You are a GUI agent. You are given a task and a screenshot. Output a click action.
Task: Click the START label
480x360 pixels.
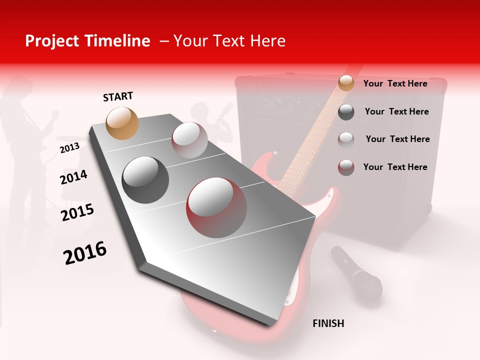118,96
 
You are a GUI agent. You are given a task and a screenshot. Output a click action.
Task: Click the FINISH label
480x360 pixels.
328,323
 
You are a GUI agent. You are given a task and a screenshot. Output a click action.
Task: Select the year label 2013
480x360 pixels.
69,148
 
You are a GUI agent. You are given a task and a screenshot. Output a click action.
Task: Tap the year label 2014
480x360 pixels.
73,177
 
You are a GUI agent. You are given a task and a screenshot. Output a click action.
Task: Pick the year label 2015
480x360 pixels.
77,212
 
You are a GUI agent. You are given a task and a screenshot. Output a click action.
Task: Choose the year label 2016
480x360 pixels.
85,253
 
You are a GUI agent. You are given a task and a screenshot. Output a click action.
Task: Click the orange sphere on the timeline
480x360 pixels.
122,123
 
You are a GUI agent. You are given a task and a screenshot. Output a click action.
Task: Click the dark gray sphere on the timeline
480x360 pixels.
145,180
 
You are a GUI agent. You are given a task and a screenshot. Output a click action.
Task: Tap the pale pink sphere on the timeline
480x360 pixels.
189,140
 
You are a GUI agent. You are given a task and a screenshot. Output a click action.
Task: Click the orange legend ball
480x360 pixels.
346,83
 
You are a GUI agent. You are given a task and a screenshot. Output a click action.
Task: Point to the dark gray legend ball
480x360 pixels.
346,112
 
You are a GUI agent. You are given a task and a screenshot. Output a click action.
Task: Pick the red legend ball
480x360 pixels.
346,167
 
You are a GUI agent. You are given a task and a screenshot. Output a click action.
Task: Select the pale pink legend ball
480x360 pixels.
346,139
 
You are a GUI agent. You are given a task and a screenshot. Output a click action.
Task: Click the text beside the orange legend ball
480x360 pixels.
395,83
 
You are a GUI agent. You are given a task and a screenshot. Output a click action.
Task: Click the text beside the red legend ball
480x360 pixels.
395,167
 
